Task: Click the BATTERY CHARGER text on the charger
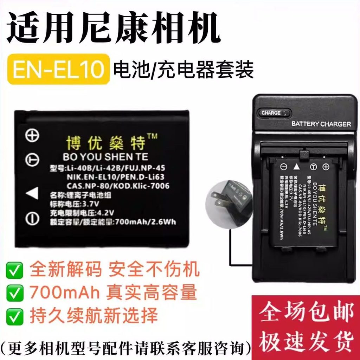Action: click(x=321, y=124)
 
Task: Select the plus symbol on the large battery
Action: click(x=32, y=136)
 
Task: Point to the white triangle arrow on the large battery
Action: click(x=32, y=193)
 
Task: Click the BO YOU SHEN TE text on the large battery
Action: click(x=105, y=156)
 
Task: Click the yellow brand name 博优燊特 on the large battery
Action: click(x=105, y=142)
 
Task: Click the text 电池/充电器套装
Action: click(x=183, y=69)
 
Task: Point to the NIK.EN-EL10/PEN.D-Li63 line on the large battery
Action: click(x=115, y=177)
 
